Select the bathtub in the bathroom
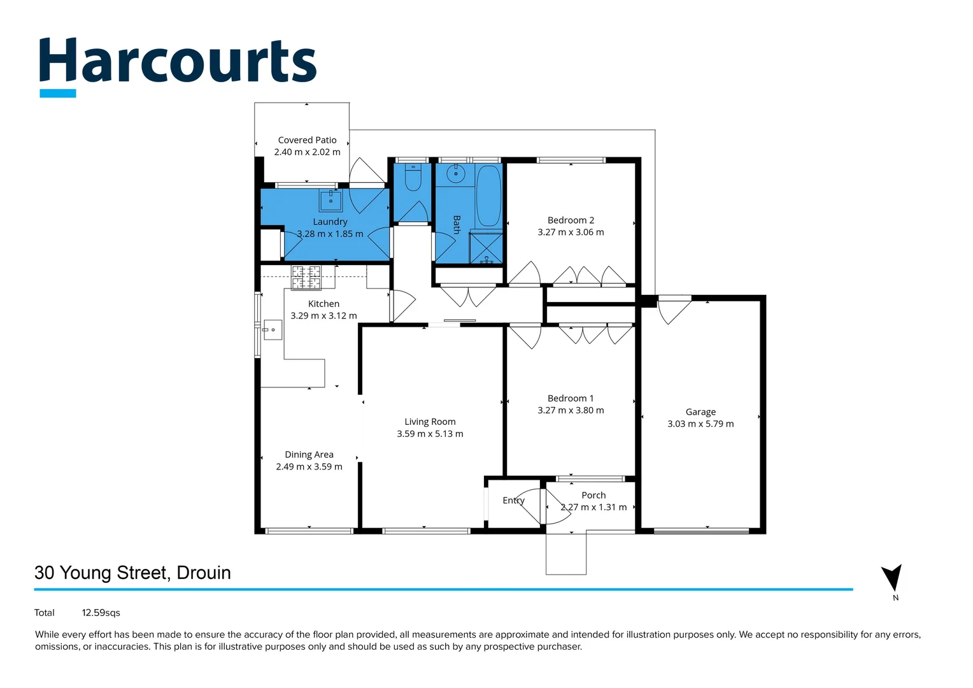(x=488, y=196)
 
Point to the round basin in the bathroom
(x=455, y=173)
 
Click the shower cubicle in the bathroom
(x=486, y=248)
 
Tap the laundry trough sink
(x=330, y=201)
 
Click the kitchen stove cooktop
(x=306, y=277)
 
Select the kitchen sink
(x=273, y=329)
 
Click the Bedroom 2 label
(x=571, y=220)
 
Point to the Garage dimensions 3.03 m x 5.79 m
(x=700, y=424)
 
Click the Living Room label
(x=430, y=422)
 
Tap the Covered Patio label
(x=307, y=140)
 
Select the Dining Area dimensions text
(x=309, y=467)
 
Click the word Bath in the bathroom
(x=456, y=224)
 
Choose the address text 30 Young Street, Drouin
(x=132, y=573)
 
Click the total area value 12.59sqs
(x=101, y=613)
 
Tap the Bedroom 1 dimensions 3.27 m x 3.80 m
(x=571, y=411)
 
